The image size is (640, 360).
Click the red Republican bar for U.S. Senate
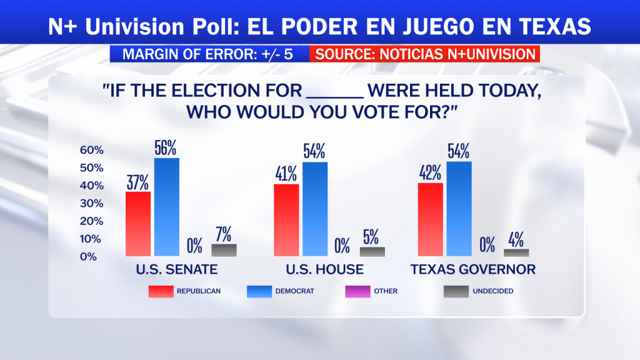[138, 224]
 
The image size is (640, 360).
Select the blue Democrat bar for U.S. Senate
[166, 207]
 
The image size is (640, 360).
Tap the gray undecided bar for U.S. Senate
[224, 250]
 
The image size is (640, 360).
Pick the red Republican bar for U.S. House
[286, 220]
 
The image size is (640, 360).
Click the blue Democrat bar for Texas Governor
[459, 209]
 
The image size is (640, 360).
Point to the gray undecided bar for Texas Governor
[516, 252]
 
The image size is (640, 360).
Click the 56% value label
[165, 147]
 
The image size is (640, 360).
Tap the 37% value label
[137, 182]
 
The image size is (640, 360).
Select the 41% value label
[286, 174]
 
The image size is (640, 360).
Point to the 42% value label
[430, 172]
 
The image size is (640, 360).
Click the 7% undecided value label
[224, 234]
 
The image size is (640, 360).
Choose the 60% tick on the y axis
[92, 150]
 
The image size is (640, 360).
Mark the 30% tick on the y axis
[92, 203]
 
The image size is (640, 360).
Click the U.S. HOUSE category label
[324, 269]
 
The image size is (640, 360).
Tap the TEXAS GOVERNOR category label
[473, 269]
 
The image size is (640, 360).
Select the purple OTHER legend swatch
[357, 291]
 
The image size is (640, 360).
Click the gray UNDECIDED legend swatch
[456, 291]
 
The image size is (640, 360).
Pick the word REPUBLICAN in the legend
[199, 291]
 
